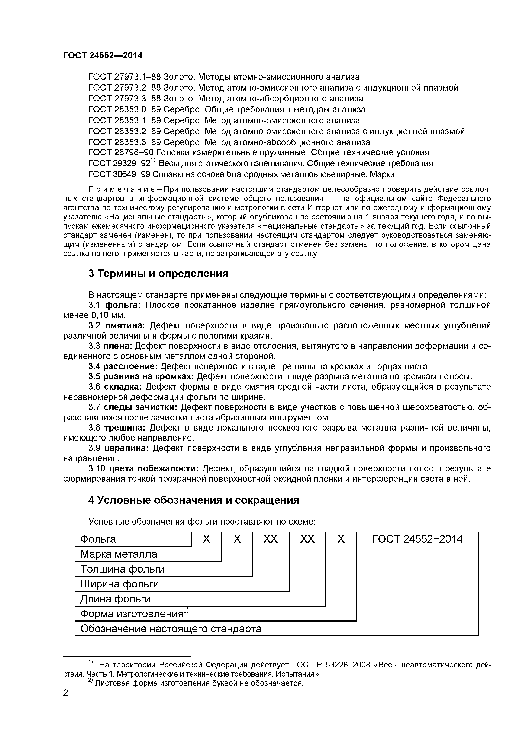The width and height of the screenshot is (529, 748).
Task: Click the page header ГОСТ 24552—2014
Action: coord(103,56)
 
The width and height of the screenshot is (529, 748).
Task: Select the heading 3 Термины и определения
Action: coord(158,274)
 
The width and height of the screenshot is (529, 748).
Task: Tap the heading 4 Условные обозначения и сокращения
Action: coord(193,500)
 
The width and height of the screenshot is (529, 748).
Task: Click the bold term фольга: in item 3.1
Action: coord(122,305)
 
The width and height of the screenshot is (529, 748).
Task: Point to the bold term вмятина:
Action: coord(125,325)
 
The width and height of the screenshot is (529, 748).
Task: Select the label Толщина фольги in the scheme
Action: coord(122,569)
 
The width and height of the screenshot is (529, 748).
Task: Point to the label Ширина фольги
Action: coord(120,584)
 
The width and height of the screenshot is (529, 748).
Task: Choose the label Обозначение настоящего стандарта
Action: coord(171,629)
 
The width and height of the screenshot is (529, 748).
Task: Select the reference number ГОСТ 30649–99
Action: coord(119,174)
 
